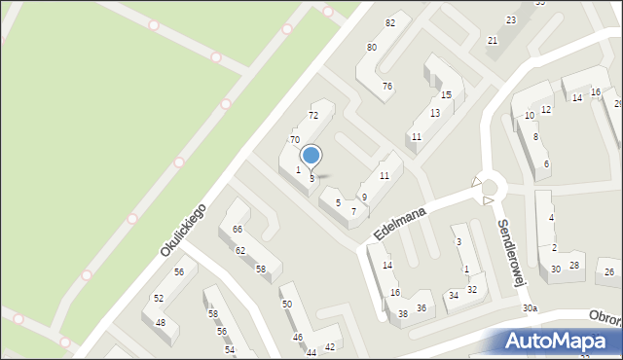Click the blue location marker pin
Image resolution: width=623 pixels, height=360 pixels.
[x=311, y=157]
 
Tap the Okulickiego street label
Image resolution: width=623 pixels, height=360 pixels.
[x=183, y=230]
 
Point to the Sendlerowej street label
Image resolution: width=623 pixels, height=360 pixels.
[x=511, y=249]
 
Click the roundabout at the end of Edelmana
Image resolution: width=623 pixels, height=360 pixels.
[x=489, y=188]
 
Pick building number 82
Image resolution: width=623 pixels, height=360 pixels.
[x=390, y=22]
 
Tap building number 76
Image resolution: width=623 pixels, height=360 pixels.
[x=387, y=87]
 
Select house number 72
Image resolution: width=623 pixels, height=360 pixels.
[x=313, y=116]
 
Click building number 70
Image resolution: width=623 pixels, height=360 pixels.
[x=294, y=140]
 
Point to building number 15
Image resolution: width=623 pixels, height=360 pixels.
[x=446, y=94]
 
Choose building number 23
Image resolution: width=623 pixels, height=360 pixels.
[x=510, y=20]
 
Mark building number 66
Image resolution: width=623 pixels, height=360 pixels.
[x=238, y=230]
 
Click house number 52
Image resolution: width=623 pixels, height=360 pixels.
[x=158, y=298]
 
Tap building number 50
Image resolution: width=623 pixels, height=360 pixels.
[x=286, y=305]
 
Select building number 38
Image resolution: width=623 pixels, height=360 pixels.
[x=403, y=313]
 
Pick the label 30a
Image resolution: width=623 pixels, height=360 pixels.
[x=529, y=308]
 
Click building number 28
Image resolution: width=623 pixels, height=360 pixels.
[x=574, y=266]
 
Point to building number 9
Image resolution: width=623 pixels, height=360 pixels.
[x=364, y=198]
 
